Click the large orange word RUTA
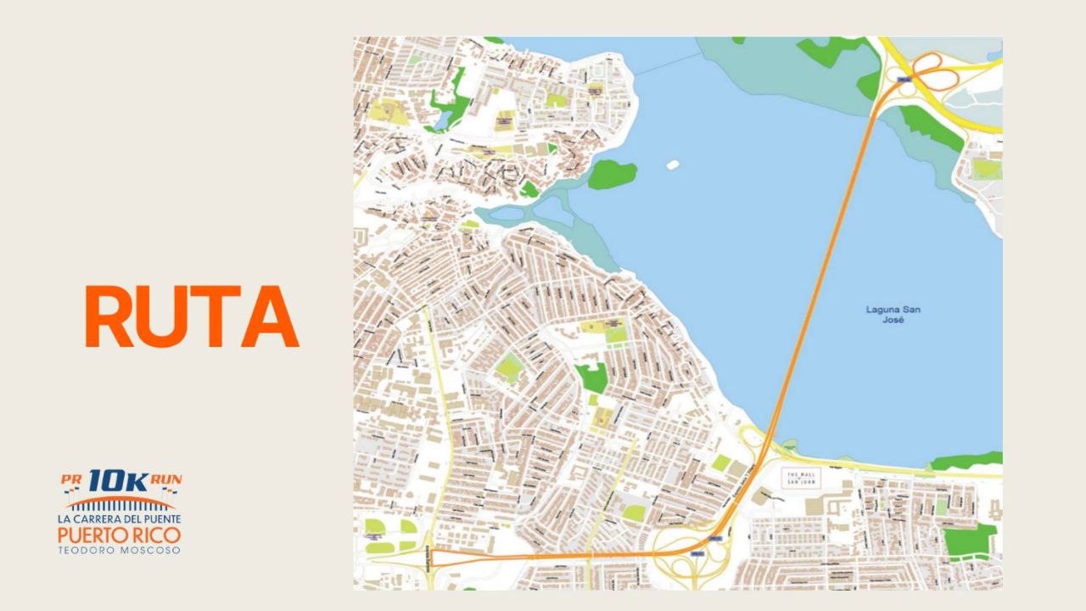click(x=192, y=317)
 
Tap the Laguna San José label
click(x=893, y=314)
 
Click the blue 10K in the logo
click(x=119, y=480)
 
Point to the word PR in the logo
click(x=70, y=479)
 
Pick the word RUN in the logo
click(x=167, y=479)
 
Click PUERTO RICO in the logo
click(x=119, y=535)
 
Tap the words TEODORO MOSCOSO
click(x=119, y=550)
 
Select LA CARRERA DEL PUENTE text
click(x=119, y=519)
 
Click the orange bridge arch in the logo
click(x=119, y=502)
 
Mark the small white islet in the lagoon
click(x=675, y=164)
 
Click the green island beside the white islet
click(x=612, y=174)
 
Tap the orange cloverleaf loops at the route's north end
click(x=935, y=72)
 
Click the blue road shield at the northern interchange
click(x=904, y=81)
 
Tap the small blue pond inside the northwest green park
click(x=442, y=122)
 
